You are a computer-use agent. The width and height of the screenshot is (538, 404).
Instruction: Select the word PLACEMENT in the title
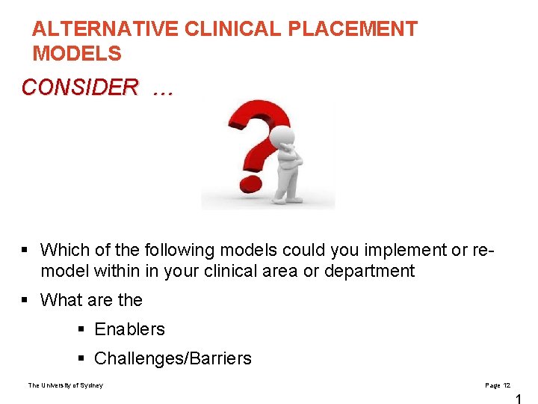pos(353,29)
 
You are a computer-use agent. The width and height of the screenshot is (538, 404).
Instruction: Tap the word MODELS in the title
pos(76,54)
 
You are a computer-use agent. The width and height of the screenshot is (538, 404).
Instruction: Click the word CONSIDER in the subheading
pos(80,88)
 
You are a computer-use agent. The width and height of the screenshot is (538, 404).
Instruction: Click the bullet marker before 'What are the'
pos(25,300)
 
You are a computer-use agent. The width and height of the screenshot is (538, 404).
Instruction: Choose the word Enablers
pos(129,329)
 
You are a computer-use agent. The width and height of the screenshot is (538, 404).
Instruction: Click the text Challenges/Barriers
pos(173,358)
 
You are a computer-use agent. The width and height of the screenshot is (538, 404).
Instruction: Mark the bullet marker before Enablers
pos(80,329)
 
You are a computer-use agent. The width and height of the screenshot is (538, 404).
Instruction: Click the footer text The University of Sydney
pos(66,385)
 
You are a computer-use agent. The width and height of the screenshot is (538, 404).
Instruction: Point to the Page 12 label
pos(498,385)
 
